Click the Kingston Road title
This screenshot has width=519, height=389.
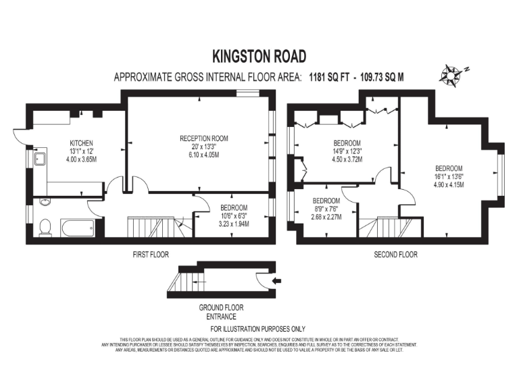point(259,55)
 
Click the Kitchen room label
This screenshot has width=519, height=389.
point(80,143)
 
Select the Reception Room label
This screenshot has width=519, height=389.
point(203,138)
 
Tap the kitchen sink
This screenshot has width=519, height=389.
point(40,161)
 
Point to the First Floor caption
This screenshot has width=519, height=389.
point(151,255)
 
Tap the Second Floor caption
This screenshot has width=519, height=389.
point(395,255)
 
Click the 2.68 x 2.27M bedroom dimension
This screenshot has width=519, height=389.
point(326,217)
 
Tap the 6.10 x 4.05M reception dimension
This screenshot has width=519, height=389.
point(203,155)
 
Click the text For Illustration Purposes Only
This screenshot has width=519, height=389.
point(259,328)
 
